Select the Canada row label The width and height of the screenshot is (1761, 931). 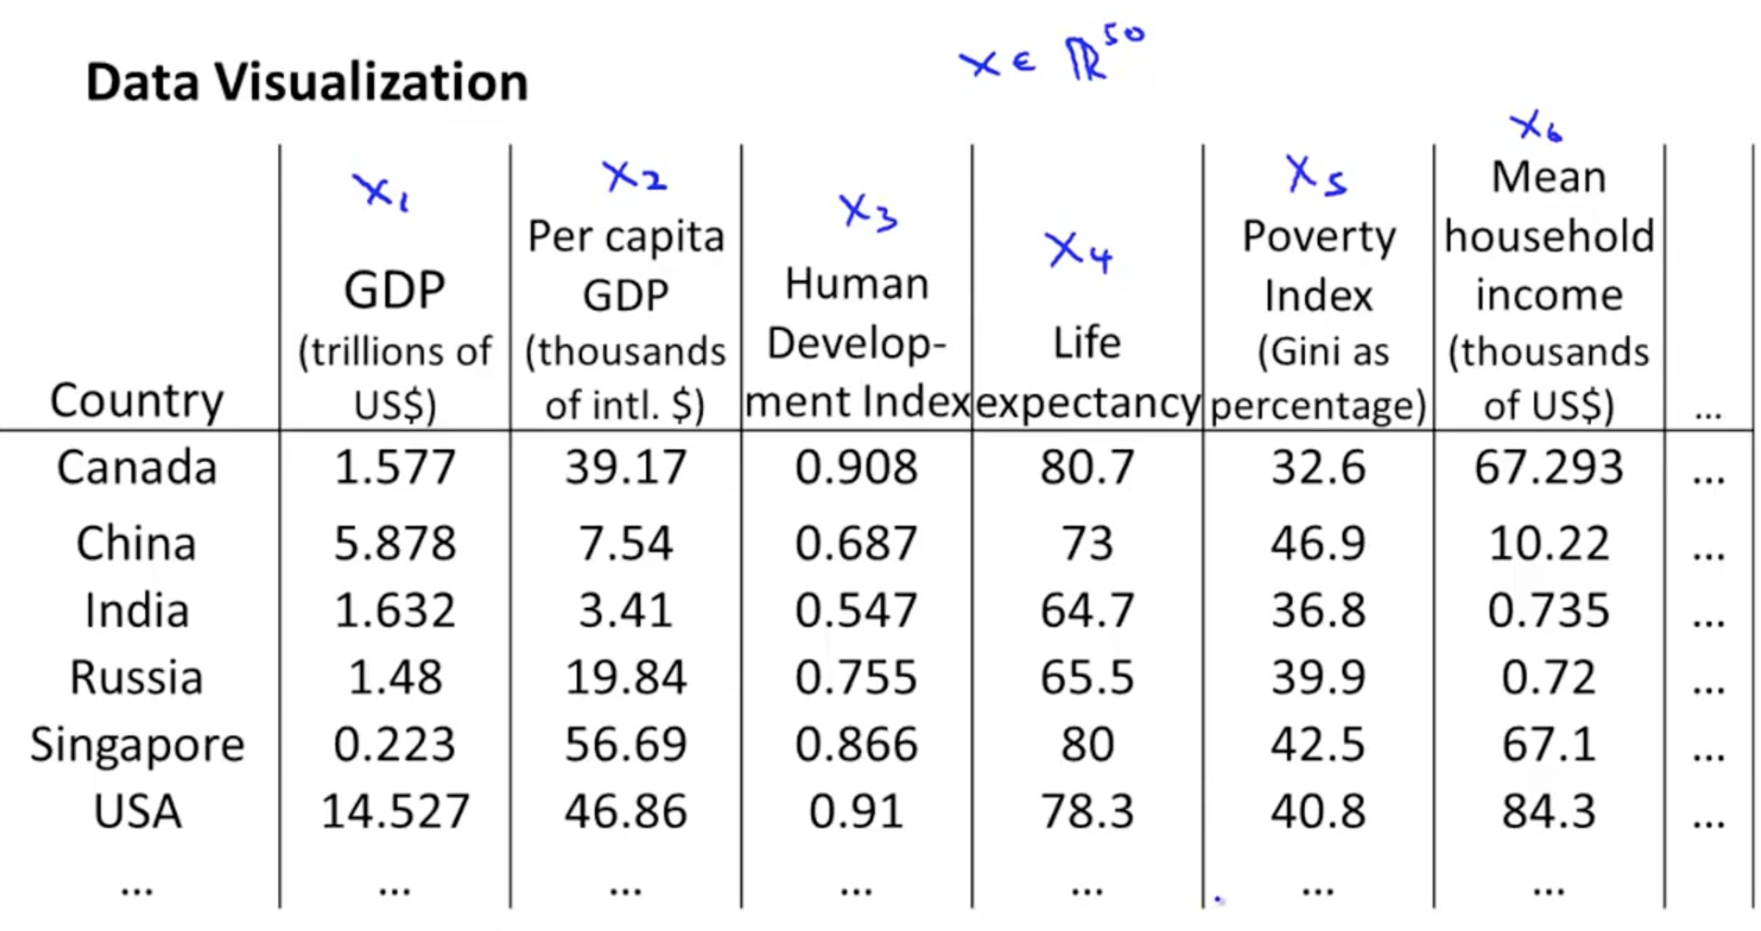pos(137,466)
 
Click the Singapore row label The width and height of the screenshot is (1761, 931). pos(137,745)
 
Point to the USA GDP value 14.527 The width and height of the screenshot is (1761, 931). pos(395,812)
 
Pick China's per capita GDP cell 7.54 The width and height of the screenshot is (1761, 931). pos(626,543)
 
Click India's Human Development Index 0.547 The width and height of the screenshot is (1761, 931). pos(856,611)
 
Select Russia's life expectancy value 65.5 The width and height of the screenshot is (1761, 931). pos(1087,677)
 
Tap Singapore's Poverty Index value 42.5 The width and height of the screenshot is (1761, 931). pos(1318,745)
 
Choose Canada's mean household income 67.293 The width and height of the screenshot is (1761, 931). pos(1548,466)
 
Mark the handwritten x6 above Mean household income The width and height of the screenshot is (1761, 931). pos(1535,127)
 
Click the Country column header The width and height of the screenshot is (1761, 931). pos(137,400)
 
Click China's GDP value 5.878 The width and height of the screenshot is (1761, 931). pos(395,543)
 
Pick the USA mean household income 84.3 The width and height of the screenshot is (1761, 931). pos(1548,812)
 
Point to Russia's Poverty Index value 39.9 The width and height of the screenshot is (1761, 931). pos(1318,677)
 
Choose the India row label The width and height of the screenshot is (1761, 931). pos(137,611)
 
